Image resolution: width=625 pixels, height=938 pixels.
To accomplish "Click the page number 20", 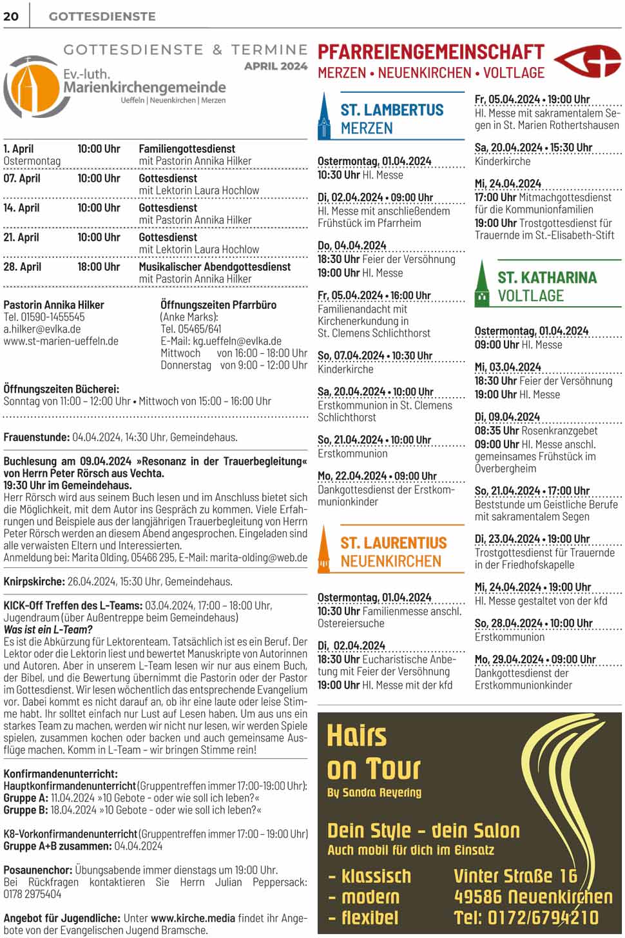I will click(11, 16).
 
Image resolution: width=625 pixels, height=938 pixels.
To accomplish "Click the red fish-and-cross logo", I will click(588, 62).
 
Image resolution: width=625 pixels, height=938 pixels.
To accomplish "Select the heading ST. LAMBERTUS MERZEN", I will click(392, 119).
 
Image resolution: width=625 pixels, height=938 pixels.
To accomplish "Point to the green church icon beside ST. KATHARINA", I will click(482, 284).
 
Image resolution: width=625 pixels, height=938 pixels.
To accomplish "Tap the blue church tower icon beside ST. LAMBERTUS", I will click(325, 117).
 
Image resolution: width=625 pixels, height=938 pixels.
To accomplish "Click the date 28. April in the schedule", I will click(23, 267).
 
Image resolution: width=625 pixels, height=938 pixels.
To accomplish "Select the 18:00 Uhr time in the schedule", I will click(99, 267).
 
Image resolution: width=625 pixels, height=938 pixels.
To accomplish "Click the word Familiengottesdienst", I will click(187, 149).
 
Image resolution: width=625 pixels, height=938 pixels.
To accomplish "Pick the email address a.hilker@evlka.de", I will click(42, 329).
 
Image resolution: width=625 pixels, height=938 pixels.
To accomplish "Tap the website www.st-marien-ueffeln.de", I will click(61, 341).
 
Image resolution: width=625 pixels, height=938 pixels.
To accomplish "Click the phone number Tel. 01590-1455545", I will click(44, 317).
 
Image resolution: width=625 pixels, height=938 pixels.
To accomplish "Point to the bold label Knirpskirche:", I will click(34, 581).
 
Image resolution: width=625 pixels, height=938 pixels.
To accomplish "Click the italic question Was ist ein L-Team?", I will click(48, 630).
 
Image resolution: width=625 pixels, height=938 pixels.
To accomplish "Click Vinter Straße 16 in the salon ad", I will click(515, 875).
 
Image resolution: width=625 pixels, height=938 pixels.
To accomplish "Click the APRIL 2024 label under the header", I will click(276, 66).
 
